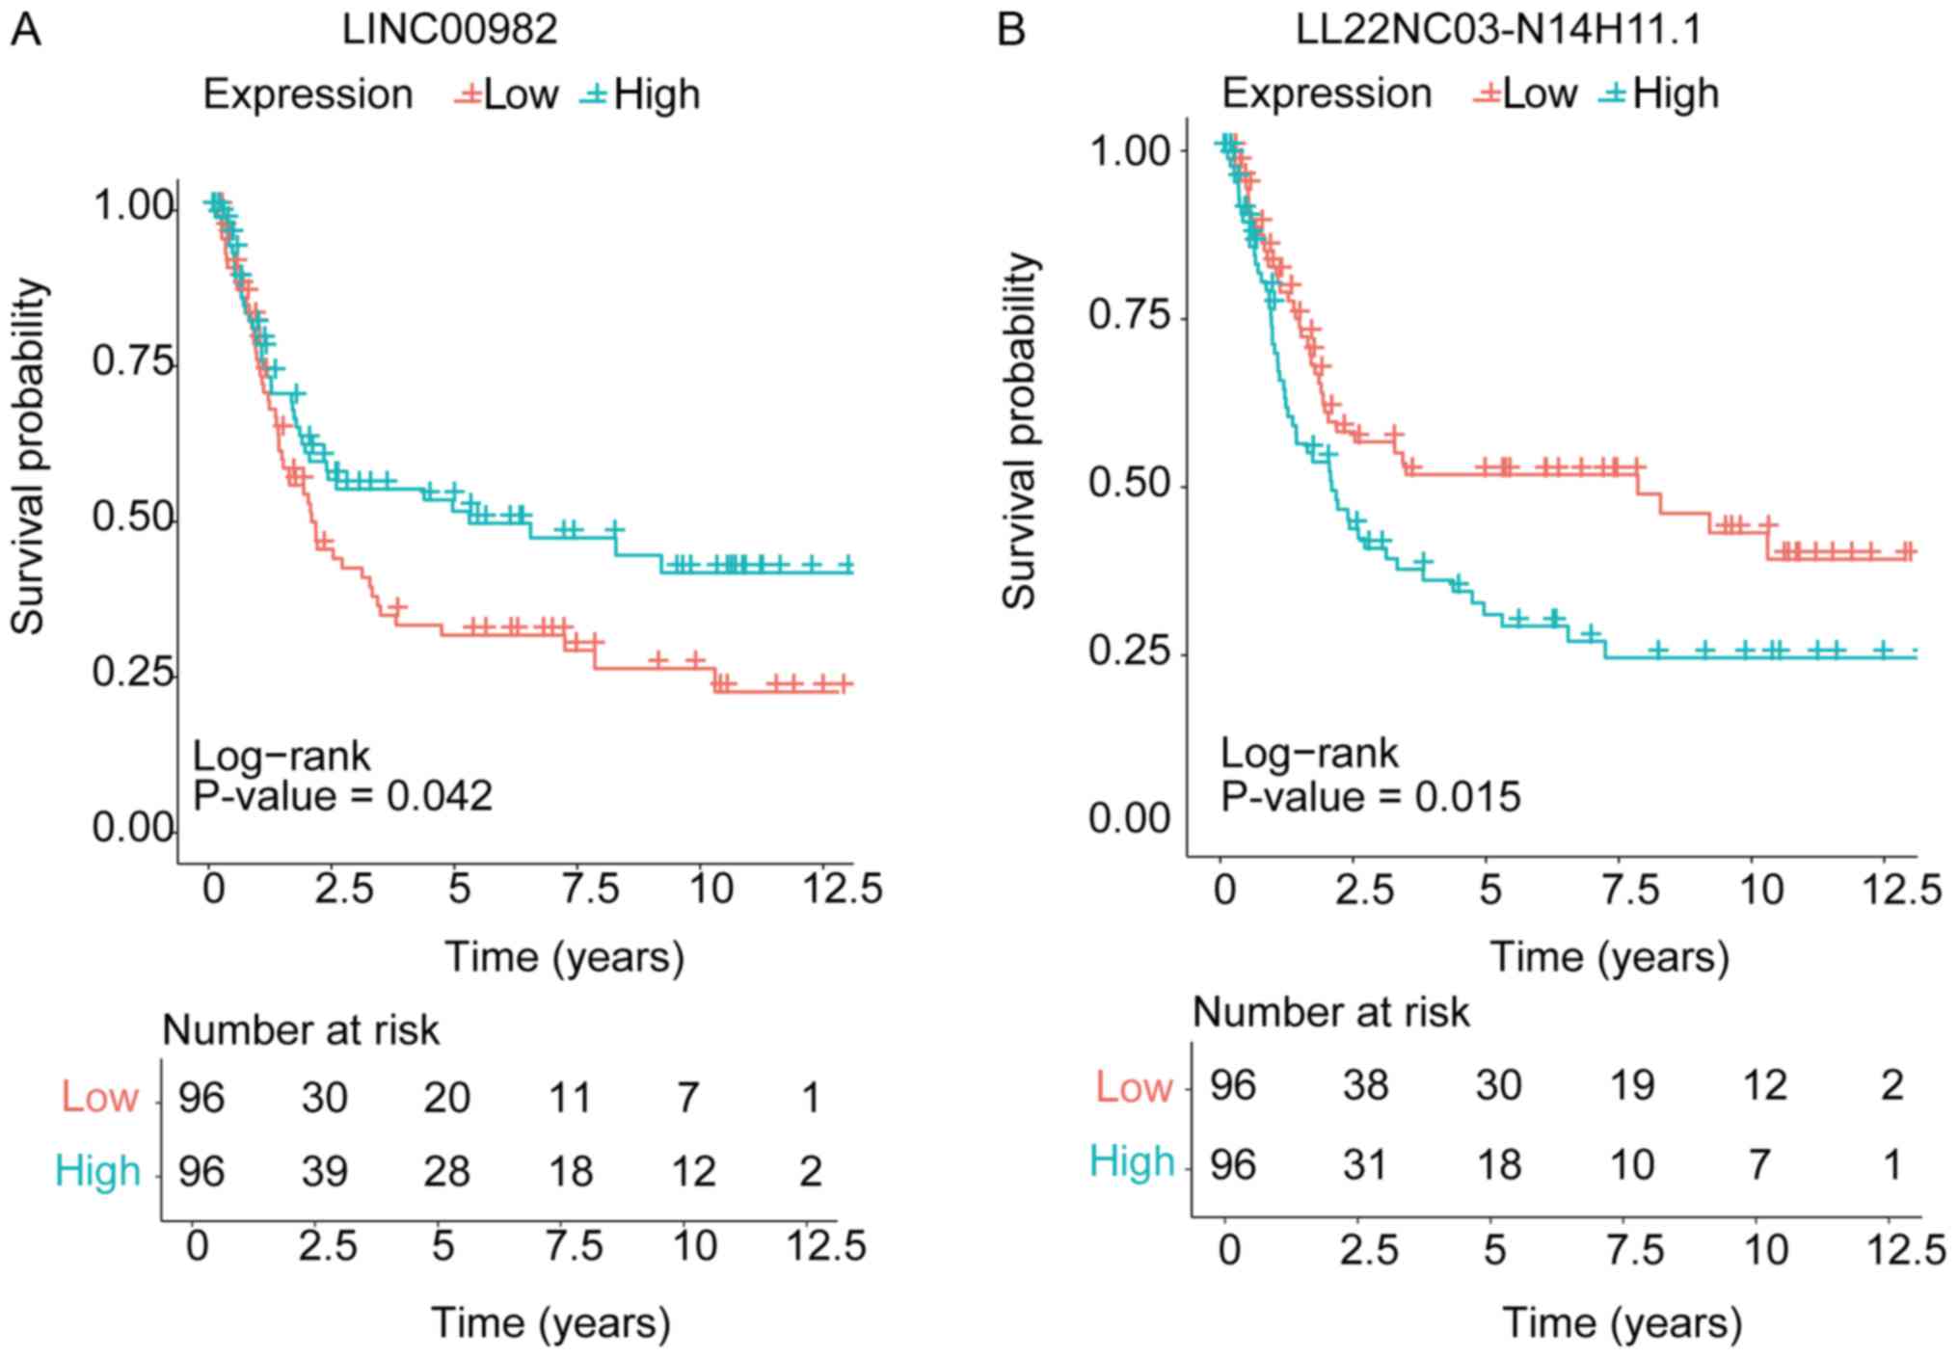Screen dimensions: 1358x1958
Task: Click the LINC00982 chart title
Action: pos(449,31)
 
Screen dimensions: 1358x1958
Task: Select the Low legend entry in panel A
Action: pos(508,94)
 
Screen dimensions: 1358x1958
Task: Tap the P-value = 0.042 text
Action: pos(342,797)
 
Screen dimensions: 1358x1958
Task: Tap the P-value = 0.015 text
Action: pos(1371,797)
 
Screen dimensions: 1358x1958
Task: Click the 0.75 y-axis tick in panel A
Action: pos(133,362)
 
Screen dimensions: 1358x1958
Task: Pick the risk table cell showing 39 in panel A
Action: pos(324,1171)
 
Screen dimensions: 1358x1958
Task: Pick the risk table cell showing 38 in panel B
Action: pos(1365,1086)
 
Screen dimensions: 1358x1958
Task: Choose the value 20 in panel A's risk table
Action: pos(447,1098)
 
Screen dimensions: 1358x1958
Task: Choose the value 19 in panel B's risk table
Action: pos(1631,1086)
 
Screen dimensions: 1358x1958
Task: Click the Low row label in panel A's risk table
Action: pos(100,1098)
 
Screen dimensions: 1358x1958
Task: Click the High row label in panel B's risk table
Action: pos(1132,1162)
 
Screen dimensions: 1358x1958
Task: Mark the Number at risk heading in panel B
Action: pos(1331,1013)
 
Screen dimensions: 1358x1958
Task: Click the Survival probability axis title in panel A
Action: pos(29,456)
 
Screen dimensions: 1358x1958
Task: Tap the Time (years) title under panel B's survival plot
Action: pos(1610,957)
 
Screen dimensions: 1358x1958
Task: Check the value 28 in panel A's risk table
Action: pos(447,1171)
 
